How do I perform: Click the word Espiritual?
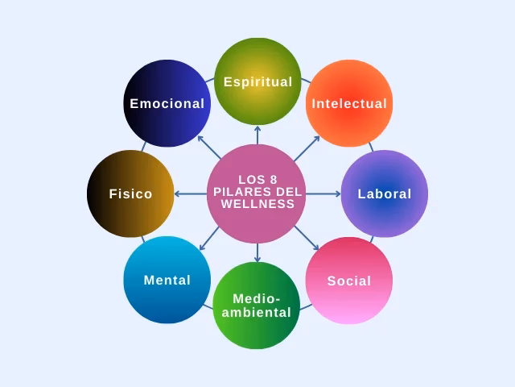coord(257,82)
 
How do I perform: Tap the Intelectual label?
coord(349,104)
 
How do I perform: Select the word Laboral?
coord(385,194)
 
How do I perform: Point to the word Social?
coord(349,281)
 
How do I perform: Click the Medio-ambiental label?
coord(257,306)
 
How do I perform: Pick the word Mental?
coord(167,281)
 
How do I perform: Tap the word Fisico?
coord(130,194)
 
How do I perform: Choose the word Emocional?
coord(167,104)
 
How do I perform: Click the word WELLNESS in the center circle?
coord(257,204)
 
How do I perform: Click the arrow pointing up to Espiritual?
coord(257,134)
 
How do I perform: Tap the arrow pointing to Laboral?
coord(324,193)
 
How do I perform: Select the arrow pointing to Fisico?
coord(190,193)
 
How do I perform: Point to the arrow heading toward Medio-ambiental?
coord(257,253)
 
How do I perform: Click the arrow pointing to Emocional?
coord(209,147)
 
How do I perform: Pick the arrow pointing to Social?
coord(307,239)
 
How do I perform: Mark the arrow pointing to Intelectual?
coord(307,148)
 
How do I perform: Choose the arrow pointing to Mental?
coord(209,239)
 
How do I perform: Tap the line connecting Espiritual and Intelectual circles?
coord(306,81)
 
